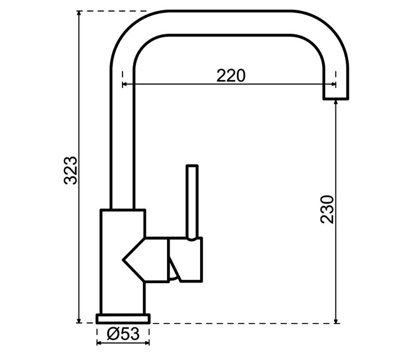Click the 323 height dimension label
click(x=70, y=170)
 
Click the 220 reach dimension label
click(x=231, y=76)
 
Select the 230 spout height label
click(x=327, y=209)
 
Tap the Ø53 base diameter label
click(x=123, y=333)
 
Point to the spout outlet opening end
click(x=336, y=99)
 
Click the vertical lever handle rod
click(x=192, y=201)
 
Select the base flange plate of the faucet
click(x=123, y=319)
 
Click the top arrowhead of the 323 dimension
click(x=79, y=14)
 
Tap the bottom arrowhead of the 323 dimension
click(x=79, y=321)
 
